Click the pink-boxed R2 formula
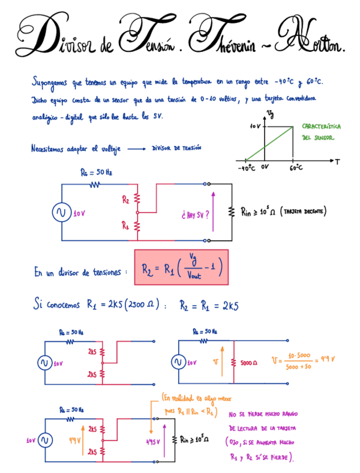click(x=182, y=267)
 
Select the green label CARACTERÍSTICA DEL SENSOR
click(x=322, y=132)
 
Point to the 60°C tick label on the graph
click(x=296, y=167)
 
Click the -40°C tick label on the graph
click(x=246, y=167)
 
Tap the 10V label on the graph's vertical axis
click(x=255, y=126)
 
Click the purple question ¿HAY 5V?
click(x=196, y=213)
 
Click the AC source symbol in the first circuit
click(x=60, y=213)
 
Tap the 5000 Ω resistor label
click(x=248, y=363)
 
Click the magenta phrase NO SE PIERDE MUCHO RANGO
click(x=263, y=414)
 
